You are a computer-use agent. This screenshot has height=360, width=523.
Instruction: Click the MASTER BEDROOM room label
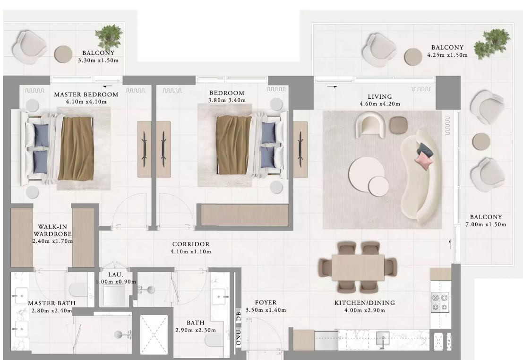86,94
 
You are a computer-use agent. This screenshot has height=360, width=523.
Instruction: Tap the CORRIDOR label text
191,244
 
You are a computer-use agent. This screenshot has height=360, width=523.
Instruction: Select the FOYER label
266,303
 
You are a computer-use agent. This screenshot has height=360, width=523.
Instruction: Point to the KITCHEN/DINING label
365,303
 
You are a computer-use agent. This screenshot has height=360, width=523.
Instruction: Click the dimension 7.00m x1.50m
486,224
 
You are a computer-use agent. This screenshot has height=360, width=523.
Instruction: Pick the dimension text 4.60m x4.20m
379,104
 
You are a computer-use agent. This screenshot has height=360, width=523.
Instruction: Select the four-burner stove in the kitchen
440,302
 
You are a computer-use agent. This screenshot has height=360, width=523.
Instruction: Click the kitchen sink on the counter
383,338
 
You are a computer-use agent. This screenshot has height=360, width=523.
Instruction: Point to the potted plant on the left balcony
108,36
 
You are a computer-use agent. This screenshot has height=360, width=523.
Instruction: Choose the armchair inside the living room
370,124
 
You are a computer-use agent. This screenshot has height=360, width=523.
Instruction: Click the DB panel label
239,316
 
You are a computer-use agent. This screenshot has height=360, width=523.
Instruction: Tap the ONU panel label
239,337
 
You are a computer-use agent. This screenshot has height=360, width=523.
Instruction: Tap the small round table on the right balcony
481,141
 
